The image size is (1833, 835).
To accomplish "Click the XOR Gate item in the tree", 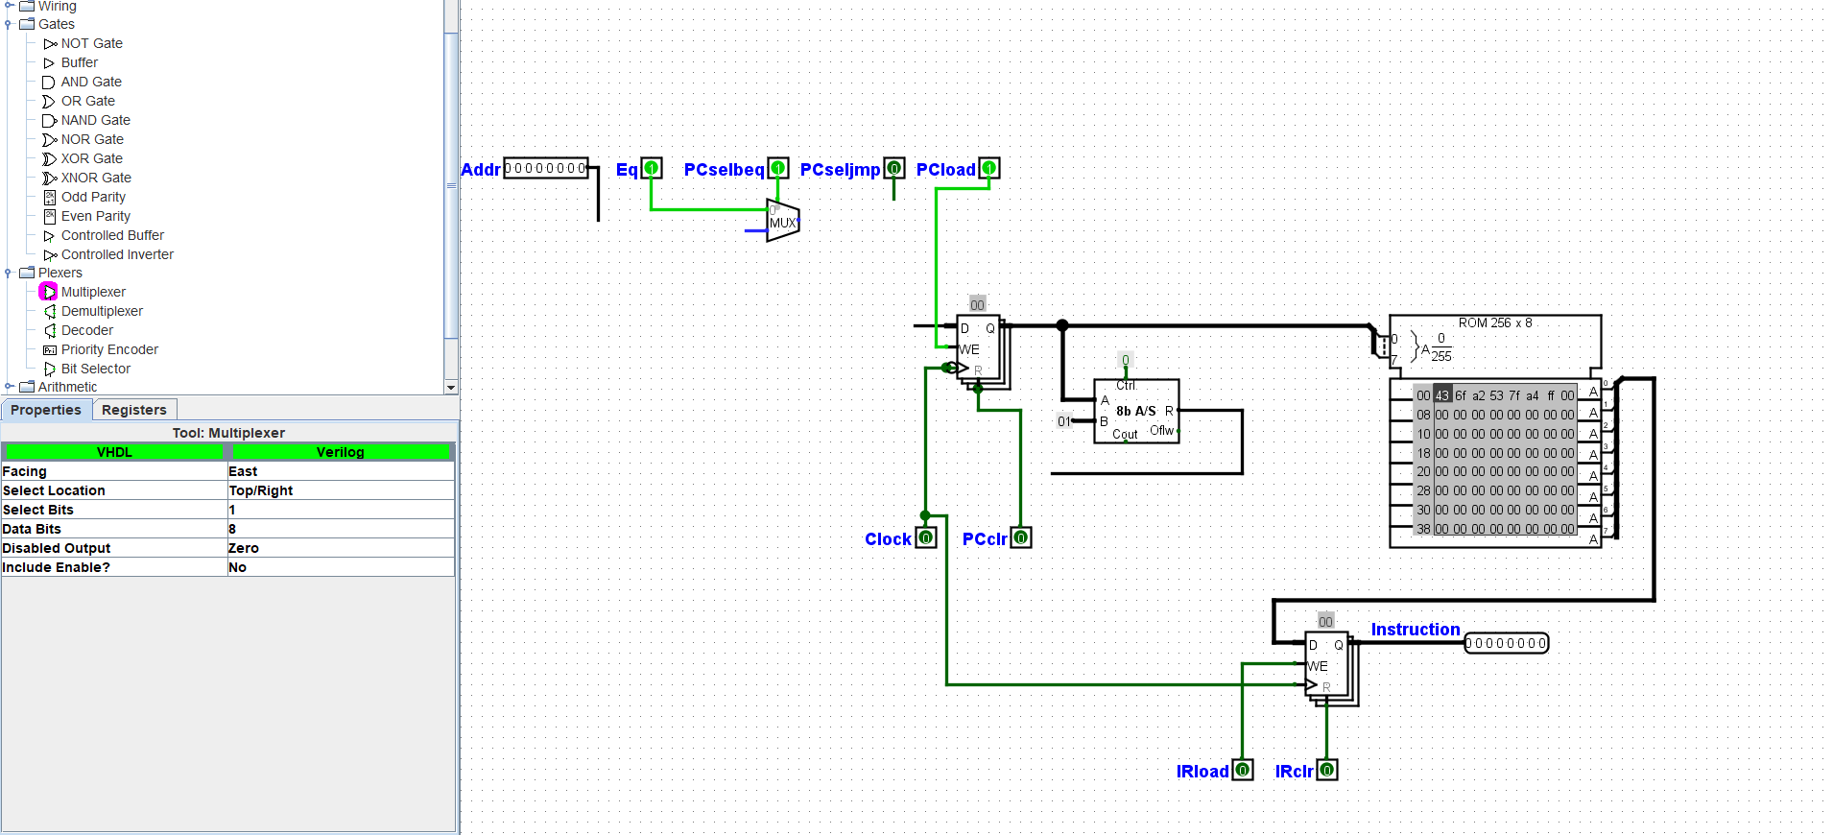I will [91, 158].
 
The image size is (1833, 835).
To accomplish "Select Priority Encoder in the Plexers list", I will [109, 349].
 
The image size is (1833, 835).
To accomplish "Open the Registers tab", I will [134, 410].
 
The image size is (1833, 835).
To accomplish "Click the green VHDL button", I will [114, 452].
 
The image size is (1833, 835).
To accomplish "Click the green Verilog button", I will [340, 452].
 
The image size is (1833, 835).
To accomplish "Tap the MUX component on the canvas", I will [782, 222].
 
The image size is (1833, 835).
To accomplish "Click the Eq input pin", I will [652, 169].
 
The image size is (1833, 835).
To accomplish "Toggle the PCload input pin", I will [989, 169].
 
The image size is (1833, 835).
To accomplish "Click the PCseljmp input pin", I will [894, 169].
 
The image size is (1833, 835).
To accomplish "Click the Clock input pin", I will [926, 538].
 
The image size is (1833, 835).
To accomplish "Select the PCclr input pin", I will [1021, 538].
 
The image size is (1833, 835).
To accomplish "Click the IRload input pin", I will [1243, 770].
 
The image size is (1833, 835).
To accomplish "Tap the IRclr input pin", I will [1327, 770].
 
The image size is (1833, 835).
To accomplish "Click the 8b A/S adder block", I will [1136, 411].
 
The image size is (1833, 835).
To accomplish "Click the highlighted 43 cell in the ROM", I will [1442, 395].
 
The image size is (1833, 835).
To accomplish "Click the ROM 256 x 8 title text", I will [1495, 323].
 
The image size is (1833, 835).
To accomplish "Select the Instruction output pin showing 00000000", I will [1506, 643].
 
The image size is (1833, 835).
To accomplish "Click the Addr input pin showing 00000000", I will [545, 168].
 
